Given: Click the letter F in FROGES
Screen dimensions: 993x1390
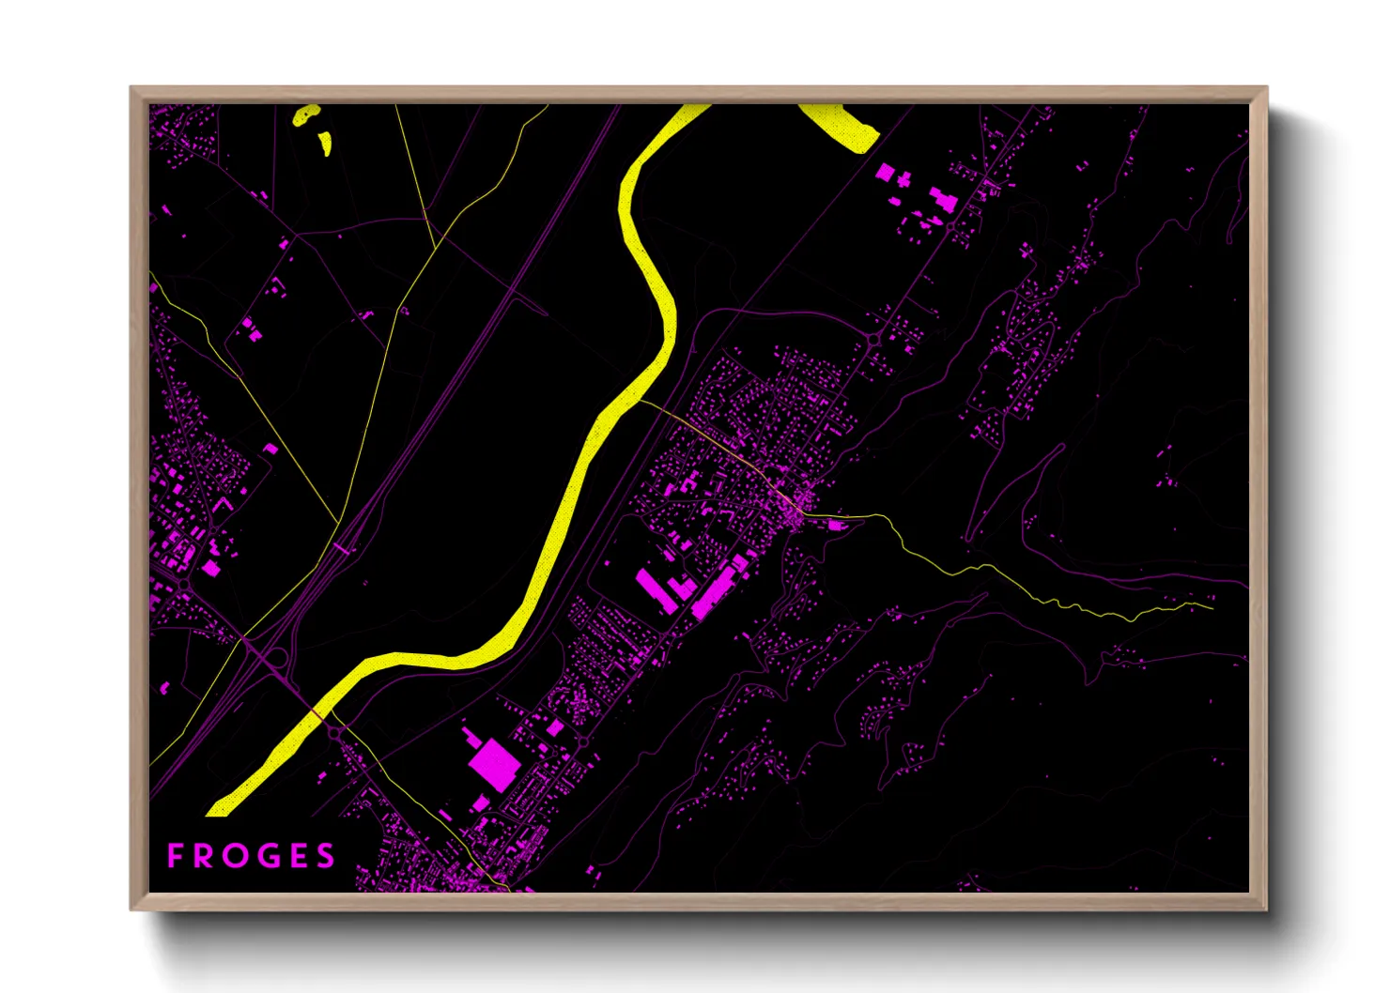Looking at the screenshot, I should tap(175, 856).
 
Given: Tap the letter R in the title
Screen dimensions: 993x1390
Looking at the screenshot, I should tap(204, 856).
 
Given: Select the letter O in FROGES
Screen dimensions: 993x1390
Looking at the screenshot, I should tap(235, 856).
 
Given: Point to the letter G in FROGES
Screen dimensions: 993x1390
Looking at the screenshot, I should tap(266, 856).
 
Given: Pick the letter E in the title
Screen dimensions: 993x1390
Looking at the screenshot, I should tap(296, 856).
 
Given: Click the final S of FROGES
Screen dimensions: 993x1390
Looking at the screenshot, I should tap(325, 856).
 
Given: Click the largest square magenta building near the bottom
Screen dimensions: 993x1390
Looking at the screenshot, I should tap(493, 763).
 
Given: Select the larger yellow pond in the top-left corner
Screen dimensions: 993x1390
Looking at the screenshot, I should tap(306, 115).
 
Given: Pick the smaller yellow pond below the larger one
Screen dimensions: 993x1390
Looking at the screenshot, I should tap(326, 143).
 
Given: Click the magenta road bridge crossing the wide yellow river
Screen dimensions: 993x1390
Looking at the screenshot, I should tap(317, 713).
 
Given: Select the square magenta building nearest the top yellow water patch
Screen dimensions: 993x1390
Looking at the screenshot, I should tap(885, 172).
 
